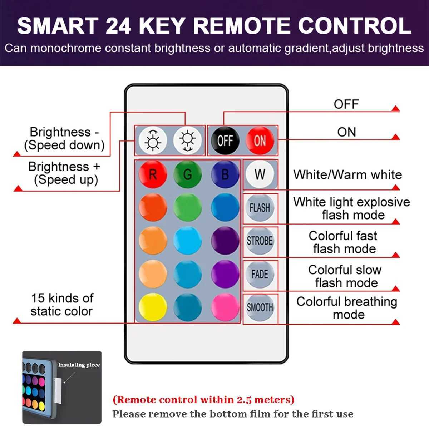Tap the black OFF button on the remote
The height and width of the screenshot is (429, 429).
tap(225, 140)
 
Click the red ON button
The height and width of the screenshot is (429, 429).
tap(260, 140)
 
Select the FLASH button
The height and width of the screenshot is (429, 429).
tap(260, 208)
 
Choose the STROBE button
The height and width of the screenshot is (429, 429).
tap(260, 241)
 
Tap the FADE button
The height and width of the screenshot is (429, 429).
tap(260, 274)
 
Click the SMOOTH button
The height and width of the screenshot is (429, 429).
tap(260, 307)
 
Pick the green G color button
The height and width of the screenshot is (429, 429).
tap(187, 174)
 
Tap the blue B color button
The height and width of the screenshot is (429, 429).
tap(225, 174)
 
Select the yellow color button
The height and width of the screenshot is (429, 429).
tap(153, 307)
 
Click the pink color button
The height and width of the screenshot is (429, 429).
tap(225, 307)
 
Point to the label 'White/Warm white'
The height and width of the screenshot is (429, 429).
tap(347, 175)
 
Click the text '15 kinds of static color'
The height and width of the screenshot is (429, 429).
tap(62, 305)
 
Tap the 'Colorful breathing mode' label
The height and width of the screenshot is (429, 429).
tap(346, 308)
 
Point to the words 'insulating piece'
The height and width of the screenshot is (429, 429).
tap(79, 365)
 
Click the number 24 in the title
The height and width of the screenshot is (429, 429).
tap(118, 26)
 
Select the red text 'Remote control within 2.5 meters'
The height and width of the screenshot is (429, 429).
tap(203, 399)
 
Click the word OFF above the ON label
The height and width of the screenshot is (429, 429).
tap(346, 104)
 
